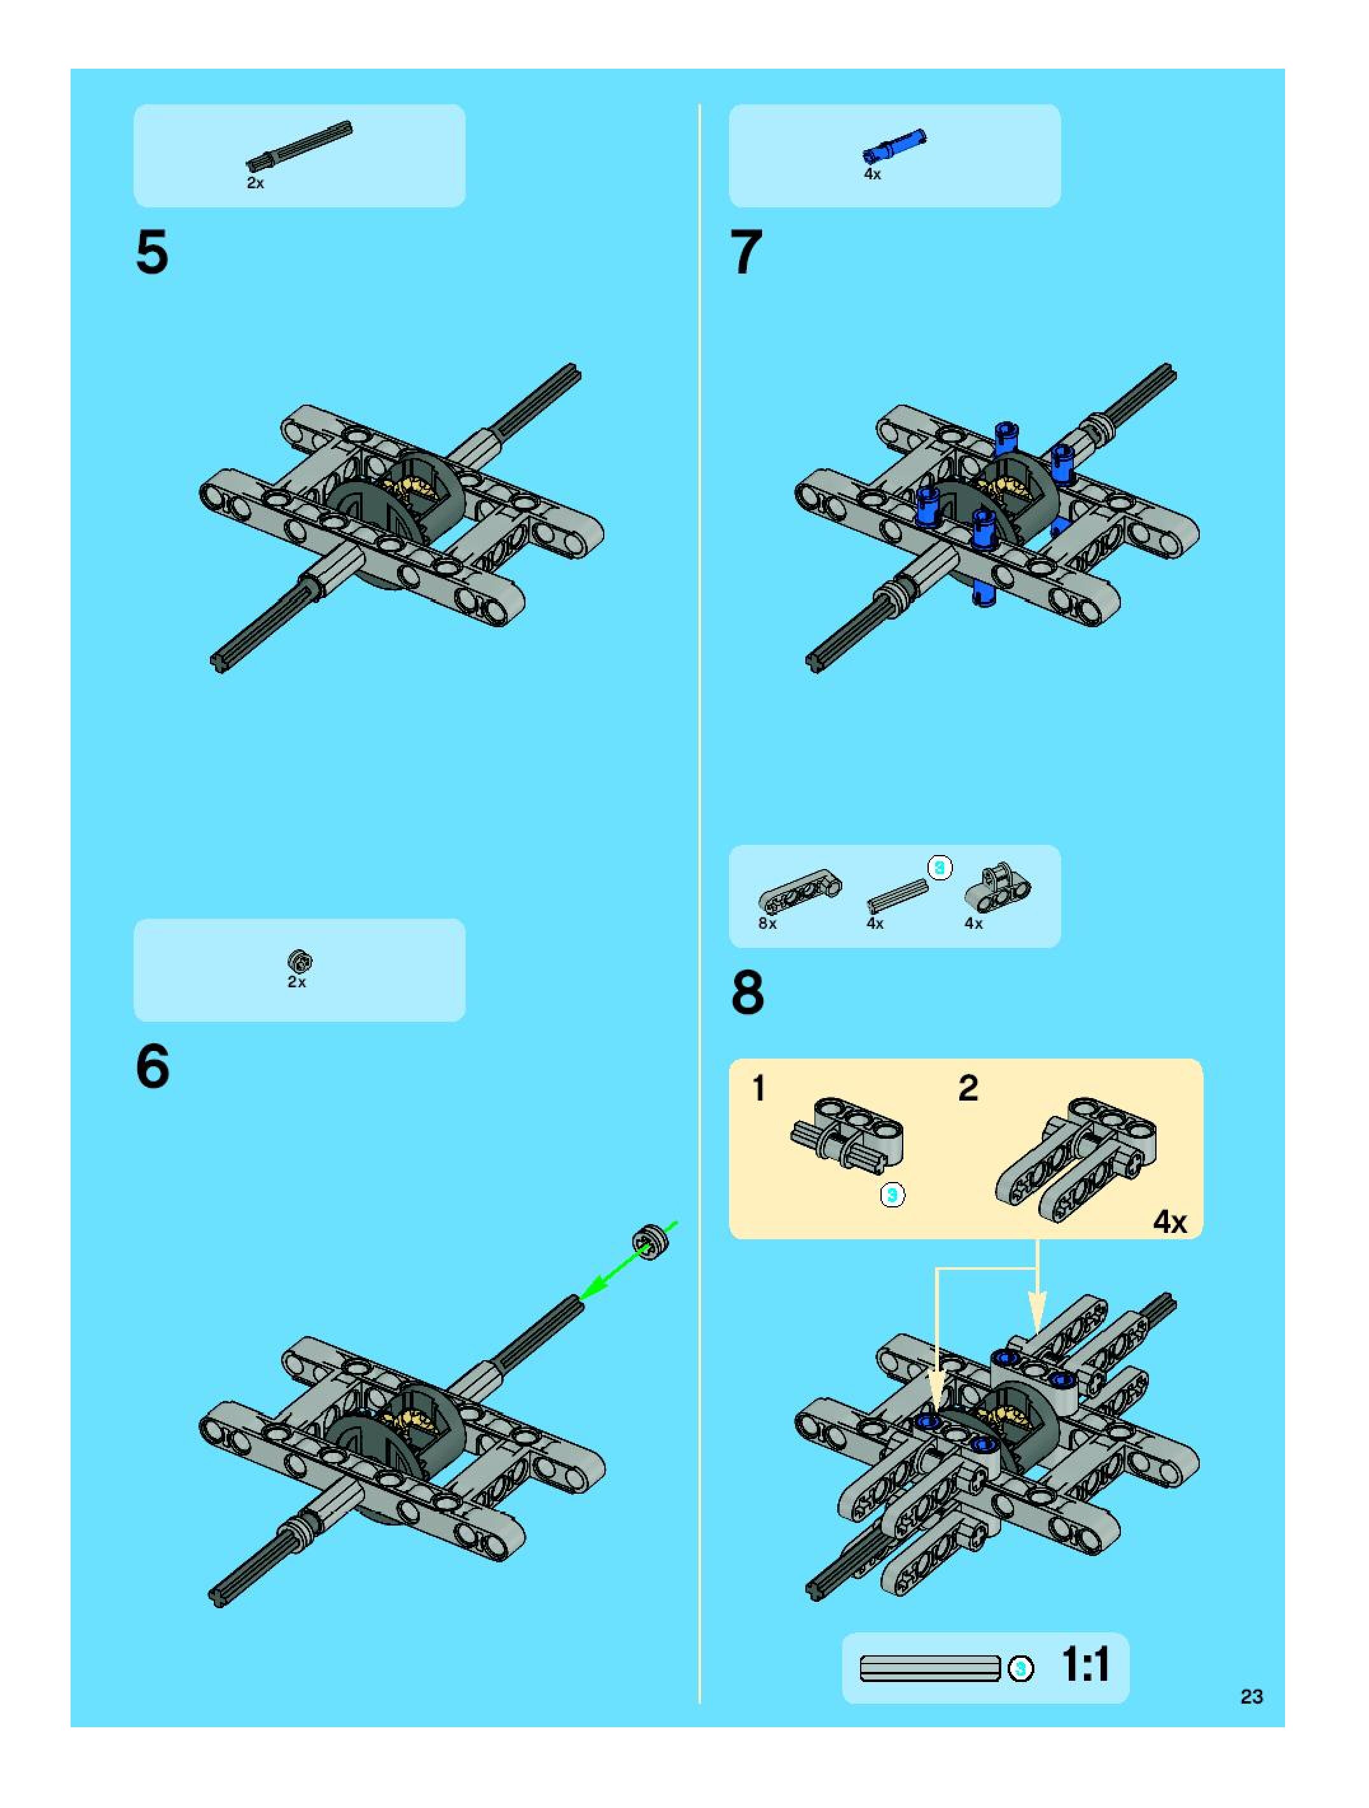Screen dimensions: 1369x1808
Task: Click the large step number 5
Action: (152, 252)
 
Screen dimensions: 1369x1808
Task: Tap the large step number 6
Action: (153, 1067)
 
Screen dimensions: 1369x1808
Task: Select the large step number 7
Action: (746, 252)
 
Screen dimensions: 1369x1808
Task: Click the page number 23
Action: (1251, 1697)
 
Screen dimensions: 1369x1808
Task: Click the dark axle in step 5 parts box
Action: (299, 144)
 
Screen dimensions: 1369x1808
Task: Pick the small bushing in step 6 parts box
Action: (300, 961)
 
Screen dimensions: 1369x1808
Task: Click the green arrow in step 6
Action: (627, 1261)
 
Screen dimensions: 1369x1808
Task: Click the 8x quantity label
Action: (767, 924)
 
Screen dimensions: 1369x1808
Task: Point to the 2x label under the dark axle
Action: (256, 183)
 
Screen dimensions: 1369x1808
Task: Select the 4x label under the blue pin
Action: (873, 174)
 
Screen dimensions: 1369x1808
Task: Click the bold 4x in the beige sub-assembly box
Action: (1170, 1222)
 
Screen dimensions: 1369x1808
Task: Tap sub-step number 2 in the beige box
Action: (968, 1088)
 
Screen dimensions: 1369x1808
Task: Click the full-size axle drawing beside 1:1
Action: (930, 1668)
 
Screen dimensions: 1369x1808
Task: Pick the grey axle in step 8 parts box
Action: (898, 896)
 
